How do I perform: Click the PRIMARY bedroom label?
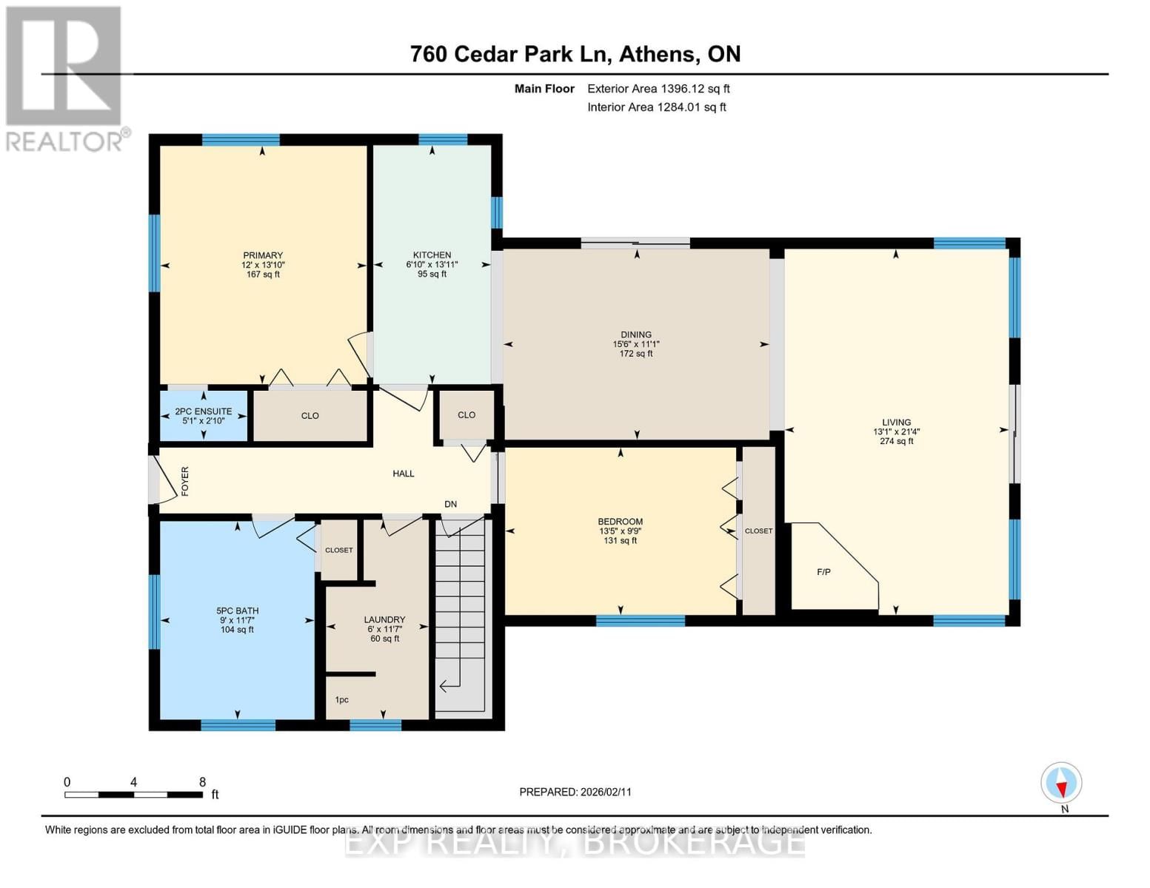tap(262, 255)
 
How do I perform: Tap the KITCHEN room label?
tap(432, 255)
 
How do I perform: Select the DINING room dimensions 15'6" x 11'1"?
tap(635, 344)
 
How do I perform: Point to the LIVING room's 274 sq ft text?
tap(896, 441)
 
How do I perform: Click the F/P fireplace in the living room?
tap(823, 572)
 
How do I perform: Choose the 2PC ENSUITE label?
tap(204, 411)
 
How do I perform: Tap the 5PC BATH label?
tap(237, 610)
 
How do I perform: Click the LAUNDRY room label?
tap(384, 619)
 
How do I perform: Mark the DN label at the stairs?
tap(450, 504)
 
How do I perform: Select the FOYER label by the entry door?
tap(185, 481)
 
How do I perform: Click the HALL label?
tap(403, 474)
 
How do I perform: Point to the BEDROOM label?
tap(621, 522)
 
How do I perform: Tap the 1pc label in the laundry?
tap(341, 699)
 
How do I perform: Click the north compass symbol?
tap(1061, 783)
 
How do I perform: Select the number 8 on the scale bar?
tap(202, 782)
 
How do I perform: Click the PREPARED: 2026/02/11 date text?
tap(575, 792)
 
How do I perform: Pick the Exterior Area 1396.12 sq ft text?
tap(658, 89)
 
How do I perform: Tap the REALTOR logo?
tap(65, 78)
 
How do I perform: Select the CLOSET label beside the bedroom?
tap(758, 531)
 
